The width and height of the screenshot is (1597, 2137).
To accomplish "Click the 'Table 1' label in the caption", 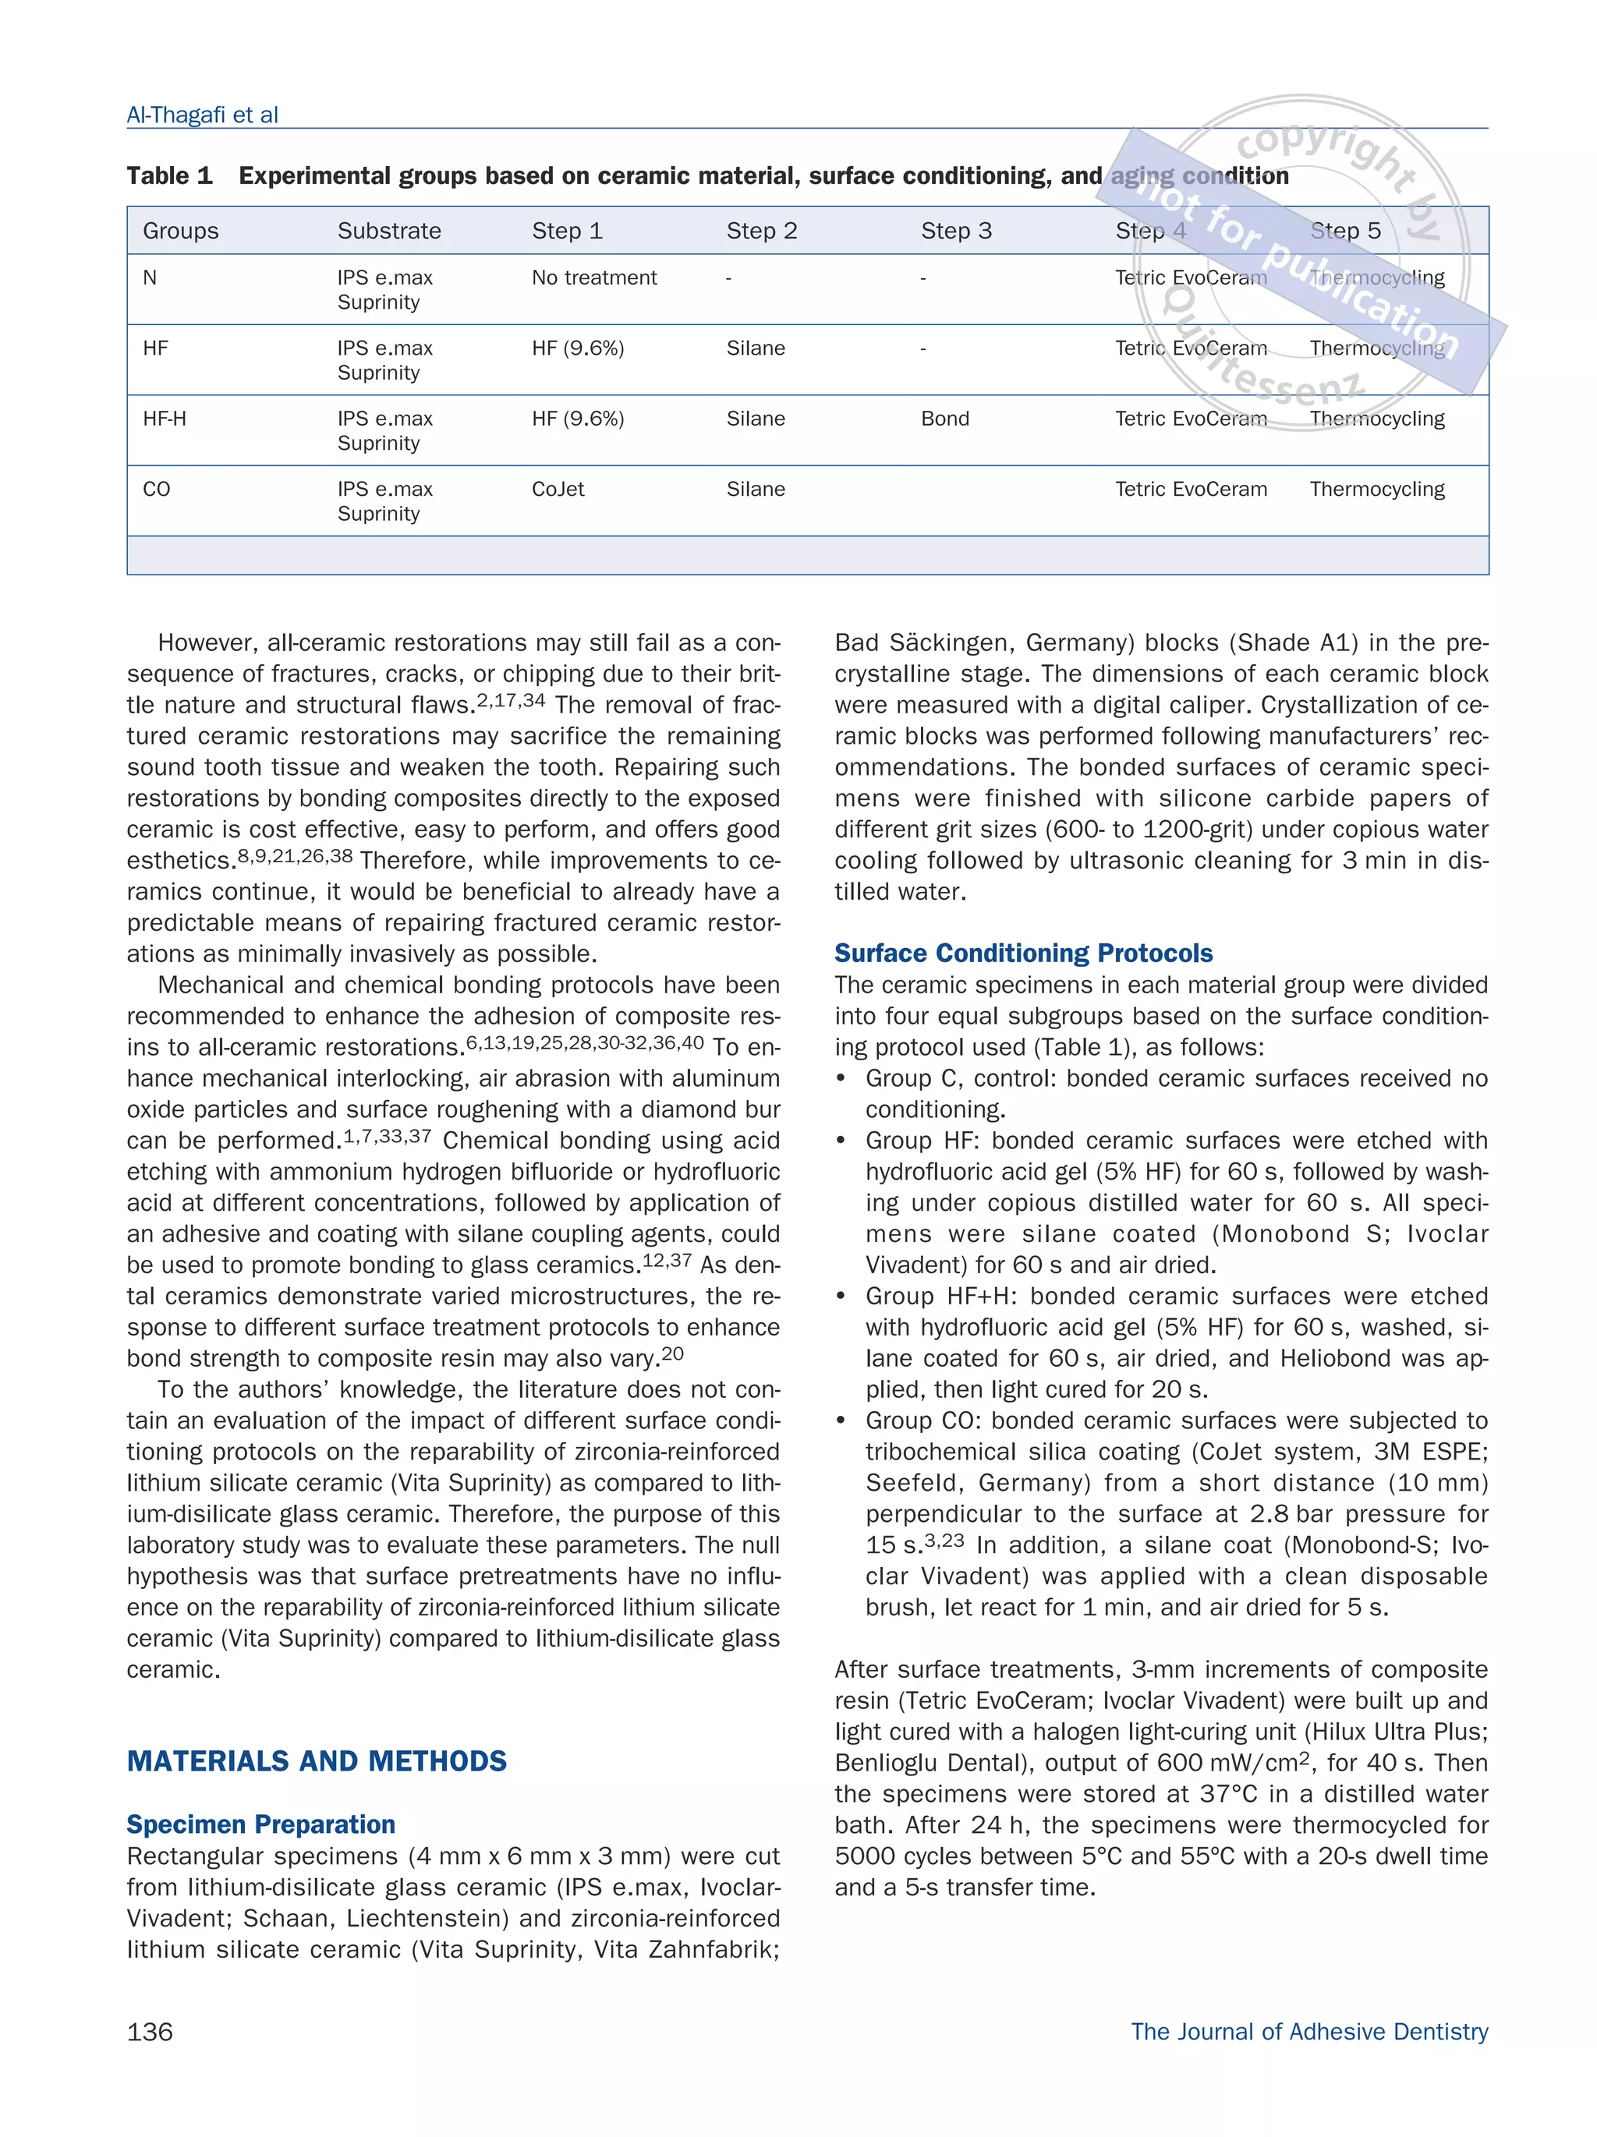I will coord(169,176).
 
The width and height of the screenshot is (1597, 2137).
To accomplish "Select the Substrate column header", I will coord(388,231).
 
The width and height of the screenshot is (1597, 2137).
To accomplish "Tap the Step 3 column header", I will coord(955,231).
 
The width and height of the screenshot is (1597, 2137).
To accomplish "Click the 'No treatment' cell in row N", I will coord(593,278).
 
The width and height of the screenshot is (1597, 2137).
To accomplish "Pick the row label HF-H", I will coord(165,419).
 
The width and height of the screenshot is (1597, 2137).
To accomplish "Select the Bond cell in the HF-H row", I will coord(944,419).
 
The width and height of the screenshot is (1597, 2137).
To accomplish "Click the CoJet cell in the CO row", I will coord(558,490).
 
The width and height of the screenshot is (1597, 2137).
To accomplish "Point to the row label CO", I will coord(157,490).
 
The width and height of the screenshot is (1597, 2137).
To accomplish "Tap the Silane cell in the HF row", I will coord(755,349).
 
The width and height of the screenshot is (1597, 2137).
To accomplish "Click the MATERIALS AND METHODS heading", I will coord(316,1761).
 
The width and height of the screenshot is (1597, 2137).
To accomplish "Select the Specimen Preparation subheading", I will coord(261,1825).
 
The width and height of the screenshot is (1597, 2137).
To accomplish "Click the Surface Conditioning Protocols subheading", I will coord(1023,954).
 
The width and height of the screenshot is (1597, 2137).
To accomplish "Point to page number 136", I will coord(150,2032).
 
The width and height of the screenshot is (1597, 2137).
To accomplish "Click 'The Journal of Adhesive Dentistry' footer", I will coord(1308,2032).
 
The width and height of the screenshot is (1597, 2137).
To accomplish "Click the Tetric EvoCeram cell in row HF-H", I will coord(1190,419).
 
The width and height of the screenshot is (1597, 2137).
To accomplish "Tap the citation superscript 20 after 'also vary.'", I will coord(672,1353).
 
